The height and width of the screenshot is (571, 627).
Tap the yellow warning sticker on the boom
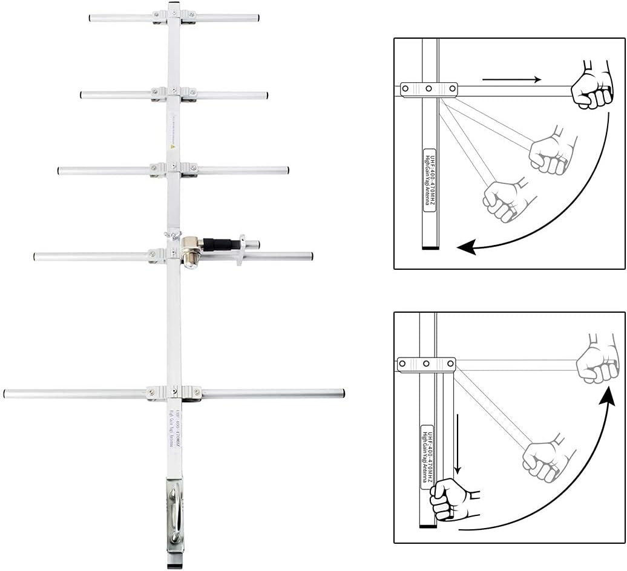[173, 146]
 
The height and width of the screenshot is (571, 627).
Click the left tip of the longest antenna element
[6, 393]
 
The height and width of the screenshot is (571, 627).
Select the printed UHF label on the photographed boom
[173, 426]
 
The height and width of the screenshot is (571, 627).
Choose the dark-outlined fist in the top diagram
[592, 85]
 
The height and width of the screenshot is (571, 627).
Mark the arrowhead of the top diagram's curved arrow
[465, 247]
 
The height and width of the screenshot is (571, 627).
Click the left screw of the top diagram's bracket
[406, 89]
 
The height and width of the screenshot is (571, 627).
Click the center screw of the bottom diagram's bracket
[427, 364]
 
